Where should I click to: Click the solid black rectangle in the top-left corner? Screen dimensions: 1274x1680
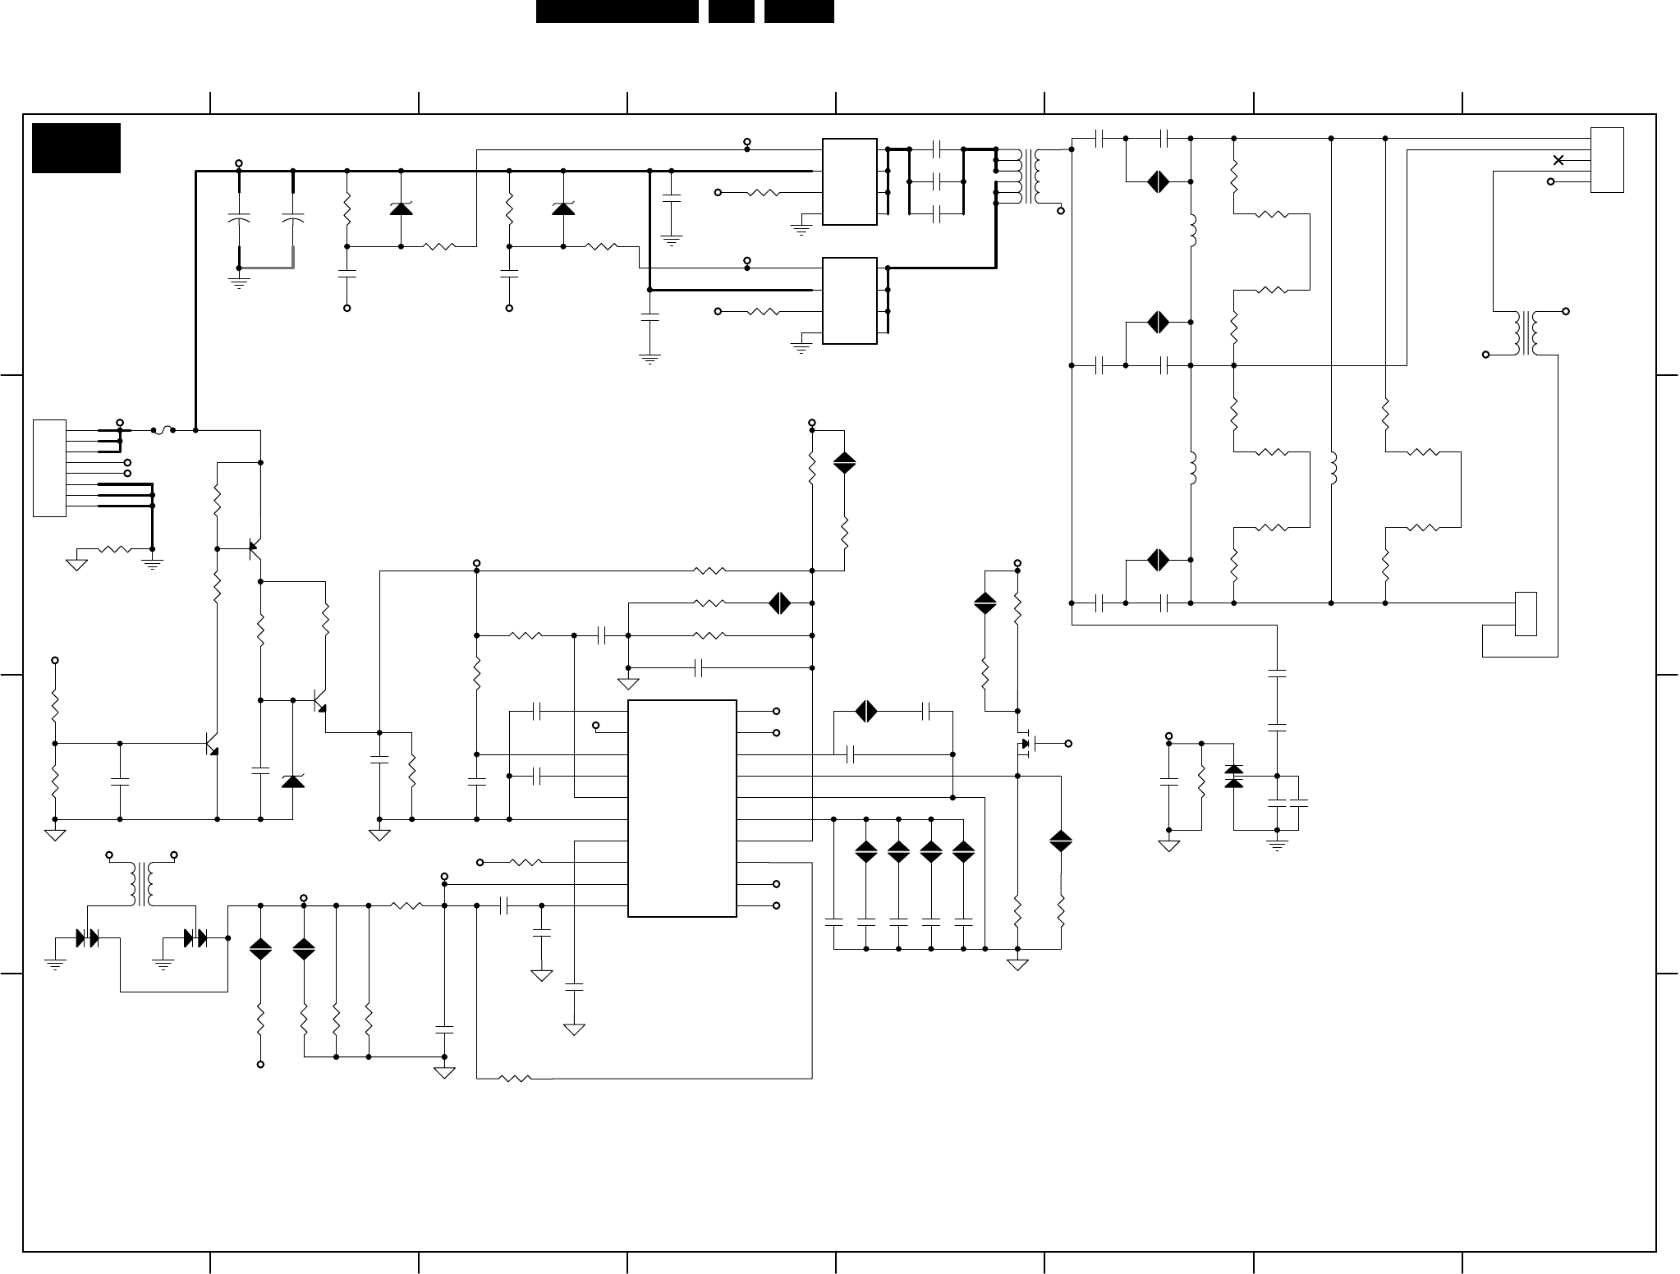(x=76, y=148)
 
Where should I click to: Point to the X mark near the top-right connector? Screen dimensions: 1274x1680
(x=1558, y=160)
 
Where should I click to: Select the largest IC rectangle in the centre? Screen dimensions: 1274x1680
(x=682, y=808)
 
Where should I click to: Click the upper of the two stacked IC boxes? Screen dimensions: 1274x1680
(x=849, y=181)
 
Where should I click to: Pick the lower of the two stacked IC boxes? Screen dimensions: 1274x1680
(x=849, y=300)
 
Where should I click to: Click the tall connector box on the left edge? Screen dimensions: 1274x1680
(x=49, y=468)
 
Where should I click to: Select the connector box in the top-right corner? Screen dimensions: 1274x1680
(x=1607, y=160)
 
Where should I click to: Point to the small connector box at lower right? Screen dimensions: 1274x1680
(x=1526, y=613)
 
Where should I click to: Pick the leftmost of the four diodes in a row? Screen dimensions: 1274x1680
(x=866, y=851)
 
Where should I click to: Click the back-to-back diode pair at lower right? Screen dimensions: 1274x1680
(x=1233, y=776)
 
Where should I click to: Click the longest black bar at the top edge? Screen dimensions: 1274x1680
(x=617, y=11)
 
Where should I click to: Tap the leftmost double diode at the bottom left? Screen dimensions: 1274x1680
(x=86, y=937)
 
